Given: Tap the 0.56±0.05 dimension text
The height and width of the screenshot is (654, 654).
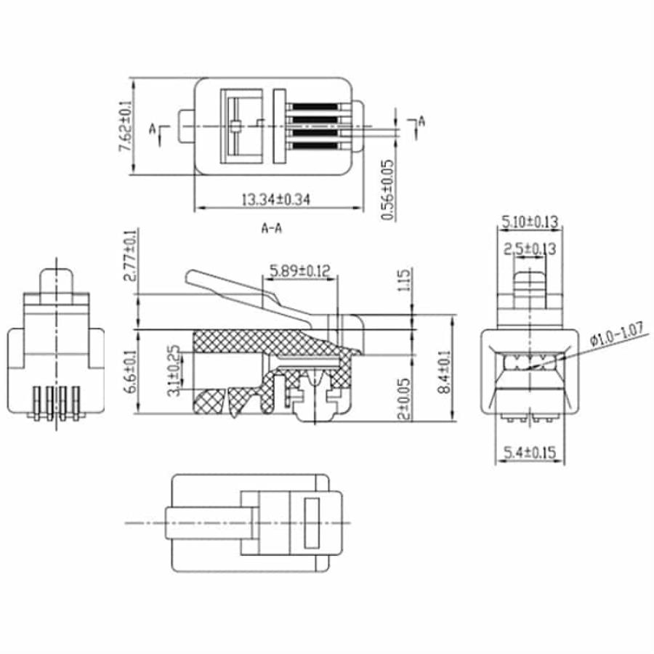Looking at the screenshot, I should (389, 190).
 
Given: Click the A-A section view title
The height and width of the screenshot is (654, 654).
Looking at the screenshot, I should (272, 228).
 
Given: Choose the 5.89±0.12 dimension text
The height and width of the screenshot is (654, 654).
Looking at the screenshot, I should (299, 271).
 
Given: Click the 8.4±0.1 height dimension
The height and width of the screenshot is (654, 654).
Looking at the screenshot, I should (443, 371).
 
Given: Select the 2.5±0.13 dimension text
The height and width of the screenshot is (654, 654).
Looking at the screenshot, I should (530, 249).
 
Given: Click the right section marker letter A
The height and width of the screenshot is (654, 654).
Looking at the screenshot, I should (421, 121).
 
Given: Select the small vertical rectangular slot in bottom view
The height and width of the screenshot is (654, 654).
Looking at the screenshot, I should (312, 522).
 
